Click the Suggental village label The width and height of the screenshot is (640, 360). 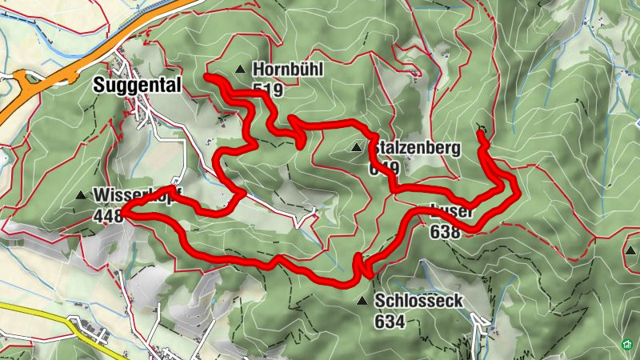coord(136,84)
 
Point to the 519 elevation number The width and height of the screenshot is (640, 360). coord(267,90)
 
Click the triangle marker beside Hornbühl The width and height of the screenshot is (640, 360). coord(240,70)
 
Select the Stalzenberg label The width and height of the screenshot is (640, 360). coord(414,148)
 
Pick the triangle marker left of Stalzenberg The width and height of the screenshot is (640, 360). coord(356,147)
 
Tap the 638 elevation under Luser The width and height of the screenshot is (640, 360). coord(445,232)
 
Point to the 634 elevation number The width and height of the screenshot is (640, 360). coord(389,322)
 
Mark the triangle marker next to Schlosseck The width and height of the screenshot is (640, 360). coord(363,302)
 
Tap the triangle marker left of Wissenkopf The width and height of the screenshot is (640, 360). coord(80,195)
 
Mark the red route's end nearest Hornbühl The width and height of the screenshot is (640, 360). coord(207,77)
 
